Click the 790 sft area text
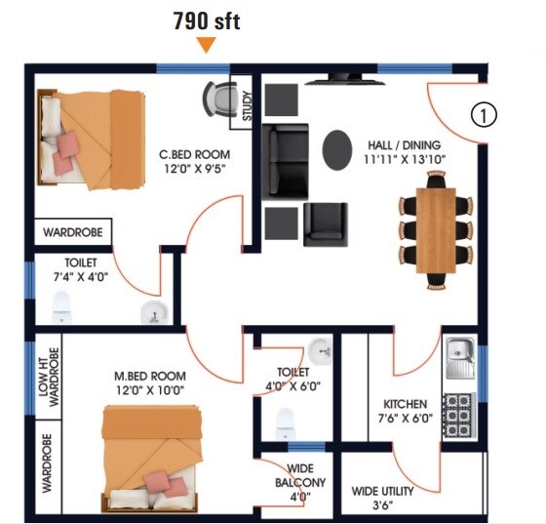click(206, 19)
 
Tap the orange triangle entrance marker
click(206, 44)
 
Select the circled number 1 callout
click(484, 114)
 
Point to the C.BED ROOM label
click(195, 154)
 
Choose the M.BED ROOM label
click(149, 377)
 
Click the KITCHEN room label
click(405, 403)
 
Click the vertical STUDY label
click(247, 105)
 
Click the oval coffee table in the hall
click(338, 149)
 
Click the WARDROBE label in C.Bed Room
click(73, 234)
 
